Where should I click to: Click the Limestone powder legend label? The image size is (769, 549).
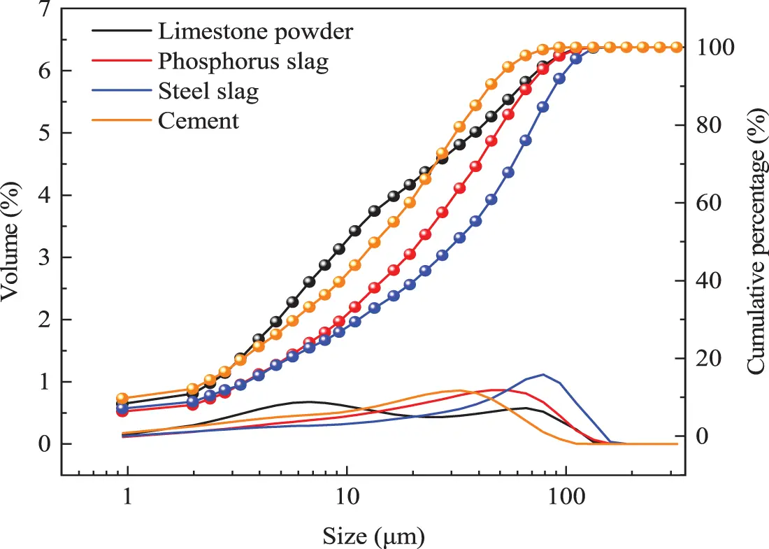[256, 31]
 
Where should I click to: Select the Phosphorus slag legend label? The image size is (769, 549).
[243, 62]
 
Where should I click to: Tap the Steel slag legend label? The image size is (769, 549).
[208, 92]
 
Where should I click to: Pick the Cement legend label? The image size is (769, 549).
[199, 121]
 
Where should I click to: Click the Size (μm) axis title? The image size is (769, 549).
[373, 536]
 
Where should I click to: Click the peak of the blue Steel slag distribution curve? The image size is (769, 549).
[543, 374]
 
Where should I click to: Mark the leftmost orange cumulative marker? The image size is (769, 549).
[122, 398]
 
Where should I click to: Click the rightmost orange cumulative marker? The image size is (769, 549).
[677, 48]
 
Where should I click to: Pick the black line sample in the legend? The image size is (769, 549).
[122, 31]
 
